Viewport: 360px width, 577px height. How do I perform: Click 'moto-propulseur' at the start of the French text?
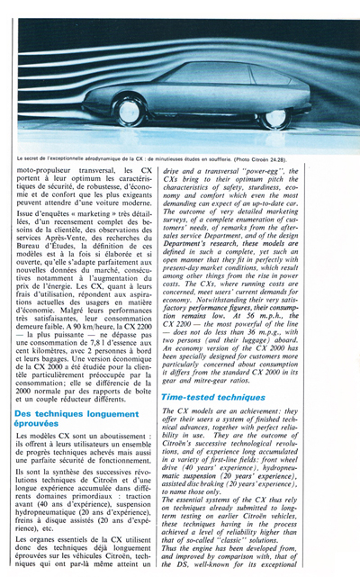[x=46, y=168]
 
